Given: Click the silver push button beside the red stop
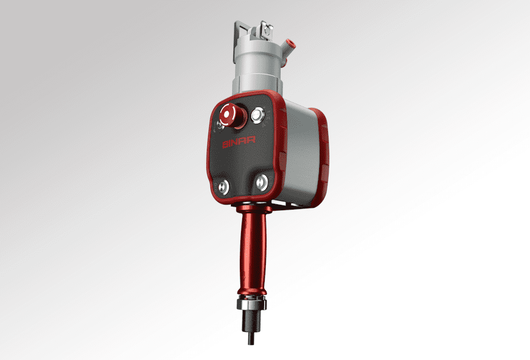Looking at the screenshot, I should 258,115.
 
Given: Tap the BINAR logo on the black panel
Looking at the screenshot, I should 236,144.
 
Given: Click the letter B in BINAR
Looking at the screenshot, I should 224,144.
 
